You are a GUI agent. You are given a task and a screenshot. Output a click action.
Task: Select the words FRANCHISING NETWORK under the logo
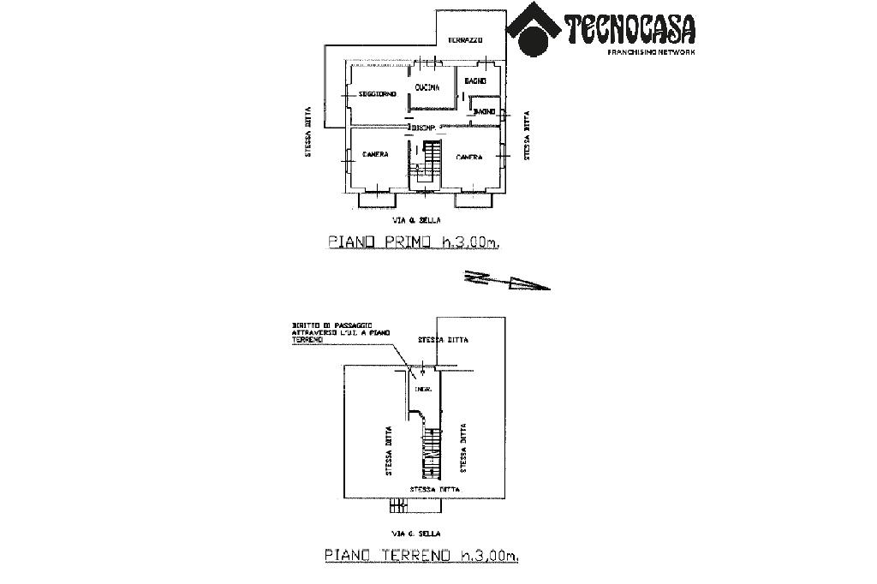pyautogui.click(x=651, y=52)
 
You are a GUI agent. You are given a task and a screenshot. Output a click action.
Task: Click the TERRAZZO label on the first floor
pyautogui.click(x=467, y=41)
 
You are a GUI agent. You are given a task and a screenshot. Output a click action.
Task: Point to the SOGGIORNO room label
pyautogui.click(x=378, y=93)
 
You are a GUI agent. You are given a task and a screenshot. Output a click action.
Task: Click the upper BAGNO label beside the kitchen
pyautogui.click(x=475, y=81)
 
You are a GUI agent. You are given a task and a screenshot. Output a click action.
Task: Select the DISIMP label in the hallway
pyautogui.click(x=426, y=127)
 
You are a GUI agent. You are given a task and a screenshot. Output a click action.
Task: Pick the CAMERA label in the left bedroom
pyautogui.click(x=375, y=155)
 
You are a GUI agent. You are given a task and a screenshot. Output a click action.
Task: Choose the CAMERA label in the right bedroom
pyautogui.click(x=468, y=157)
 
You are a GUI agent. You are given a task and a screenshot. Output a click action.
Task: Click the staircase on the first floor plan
pyautogui.click(x=426, y=163)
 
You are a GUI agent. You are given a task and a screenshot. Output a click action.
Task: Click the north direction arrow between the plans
pyautogui.click(x=505, y=280)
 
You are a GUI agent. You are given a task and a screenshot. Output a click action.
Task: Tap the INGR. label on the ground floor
pyautogui.click(x=421, y=390)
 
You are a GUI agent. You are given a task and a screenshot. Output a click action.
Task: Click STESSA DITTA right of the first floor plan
pyautogui.click(x=527, y=136)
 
